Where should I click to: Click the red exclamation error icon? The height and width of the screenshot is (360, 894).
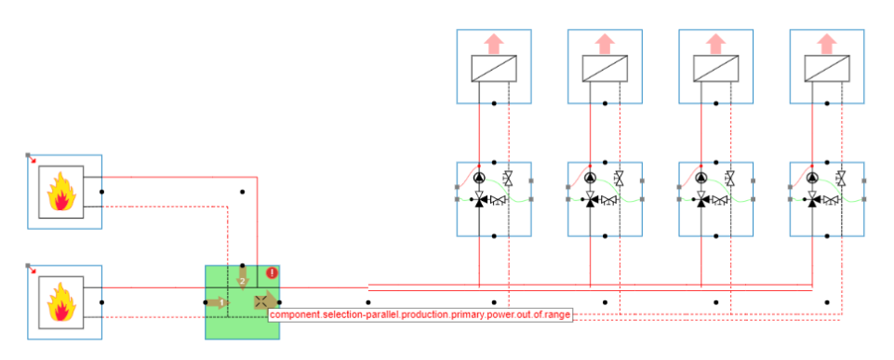pyautogui.click(x=272, y=273)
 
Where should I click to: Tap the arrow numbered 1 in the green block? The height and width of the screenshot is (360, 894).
pyautogui.click(x=219, y=301)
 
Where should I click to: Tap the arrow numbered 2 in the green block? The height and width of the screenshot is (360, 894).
pyautogui.click(x=242, y=277)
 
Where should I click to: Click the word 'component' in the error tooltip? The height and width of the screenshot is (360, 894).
pyautogui.click(x=295, y=315)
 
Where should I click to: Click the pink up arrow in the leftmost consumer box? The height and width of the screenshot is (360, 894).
pyautogui.click(x=494, y=43)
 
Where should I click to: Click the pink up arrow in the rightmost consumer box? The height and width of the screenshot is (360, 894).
pyautogui.click(x=826, y=43)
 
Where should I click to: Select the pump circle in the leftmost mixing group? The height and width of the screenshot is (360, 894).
pyautogui.click(x=479, y=178)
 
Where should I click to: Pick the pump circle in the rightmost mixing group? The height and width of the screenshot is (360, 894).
pyautogui.click(x=812, y=178)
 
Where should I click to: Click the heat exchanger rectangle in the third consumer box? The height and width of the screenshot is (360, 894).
pyautogui.click(x=715, y=69)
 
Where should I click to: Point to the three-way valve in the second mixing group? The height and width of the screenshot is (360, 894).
pyautogui.click(x=591, y=199)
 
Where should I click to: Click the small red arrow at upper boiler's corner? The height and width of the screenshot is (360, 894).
pyautogui.click(x=33, y=160)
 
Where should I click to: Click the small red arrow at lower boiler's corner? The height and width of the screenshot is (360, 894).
pyautogui.click(x=33, y=270)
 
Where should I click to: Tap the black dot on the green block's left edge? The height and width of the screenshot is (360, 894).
pyautogui.click(x=206, y=302)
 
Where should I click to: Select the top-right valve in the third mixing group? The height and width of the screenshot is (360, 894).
pyautogui.click(x=730, y=178)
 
